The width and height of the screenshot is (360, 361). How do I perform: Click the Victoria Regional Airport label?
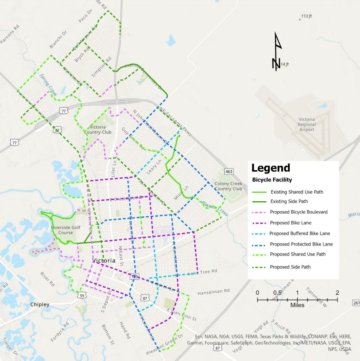click(306, 124)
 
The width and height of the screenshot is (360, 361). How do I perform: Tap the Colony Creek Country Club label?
click(228, 186)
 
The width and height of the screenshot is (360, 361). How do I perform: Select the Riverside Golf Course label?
click(66, 230)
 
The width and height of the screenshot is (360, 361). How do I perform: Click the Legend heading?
click(270, 168)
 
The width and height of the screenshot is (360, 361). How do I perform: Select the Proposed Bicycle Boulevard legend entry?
click(299, 212)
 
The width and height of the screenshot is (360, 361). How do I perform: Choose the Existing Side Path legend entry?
click(289, 201)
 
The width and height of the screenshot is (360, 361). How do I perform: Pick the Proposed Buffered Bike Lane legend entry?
click(300, 233)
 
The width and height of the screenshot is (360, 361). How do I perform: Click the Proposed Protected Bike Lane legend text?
click(301, 244)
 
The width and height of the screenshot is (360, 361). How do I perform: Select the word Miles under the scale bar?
click(297, 305)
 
